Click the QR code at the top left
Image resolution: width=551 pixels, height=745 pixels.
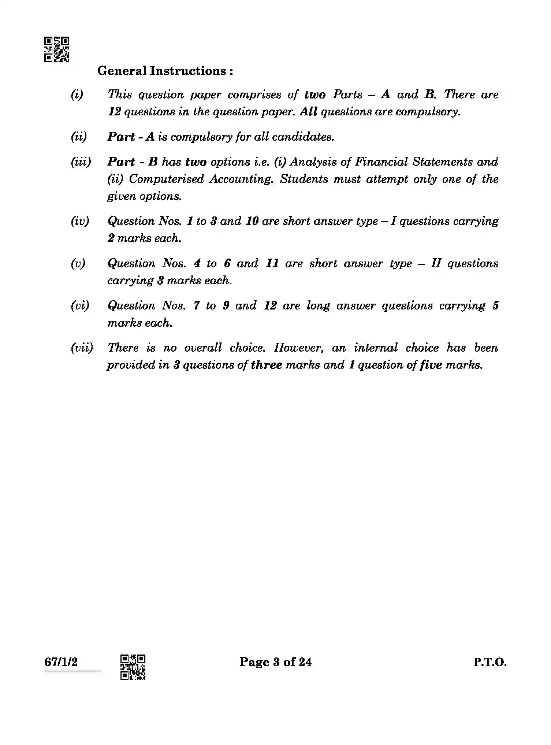click(x=57, y=49)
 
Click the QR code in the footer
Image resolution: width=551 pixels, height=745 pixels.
click(x=133, y=667)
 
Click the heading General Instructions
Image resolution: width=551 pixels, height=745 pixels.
click(x=165, y=71)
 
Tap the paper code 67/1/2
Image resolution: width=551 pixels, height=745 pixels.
click(x=61, y=662)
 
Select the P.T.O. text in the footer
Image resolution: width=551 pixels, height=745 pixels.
click(x=490, y=662)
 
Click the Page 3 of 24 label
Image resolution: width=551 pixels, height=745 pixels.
click(x=275, y=662)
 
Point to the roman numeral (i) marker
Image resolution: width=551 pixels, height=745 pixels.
click(x=77, y=94)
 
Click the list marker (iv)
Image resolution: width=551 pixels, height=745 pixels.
click(x=80, y=221)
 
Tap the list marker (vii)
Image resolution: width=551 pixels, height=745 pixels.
click(x=82, y=348)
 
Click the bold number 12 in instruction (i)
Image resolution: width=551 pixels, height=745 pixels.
click(x=115, y=112)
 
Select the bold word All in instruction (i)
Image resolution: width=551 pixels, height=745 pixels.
click(x=308, y=112)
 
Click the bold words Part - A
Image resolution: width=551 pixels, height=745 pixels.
click(x=131, y=137)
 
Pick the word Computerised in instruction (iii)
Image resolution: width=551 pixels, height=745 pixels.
click(x=166, y=179)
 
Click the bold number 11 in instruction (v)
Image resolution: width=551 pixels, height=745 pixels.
click(x=272, y=263)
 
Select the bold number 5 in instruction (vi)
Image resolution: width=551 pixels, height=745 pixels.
click(x=495, y=305)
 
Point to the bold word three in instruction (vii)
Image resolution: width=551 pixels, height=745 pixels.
click(x=266, y=365)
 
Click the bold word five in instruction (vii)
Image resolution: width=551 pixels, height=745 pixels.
click(x=431, y=365)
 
